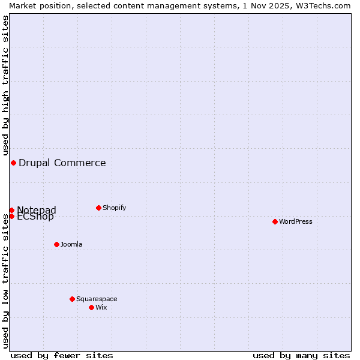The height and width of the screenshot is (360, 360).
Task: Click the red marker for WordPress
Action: (x=275, y=221)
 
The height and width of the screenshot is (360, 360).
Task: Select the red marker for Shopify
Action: (x=98, y=208)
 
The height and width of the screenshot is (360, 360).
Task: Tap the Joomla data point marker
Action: (x=56, y=244)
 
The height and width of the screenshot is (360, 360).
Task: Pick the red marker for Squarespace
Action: (x=72, y=299)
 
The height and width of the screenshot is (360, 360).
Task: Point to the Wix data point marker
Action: (x=91, y=307)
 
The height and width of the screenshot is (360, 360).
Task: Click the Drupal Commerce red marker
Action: (x=13, y=163)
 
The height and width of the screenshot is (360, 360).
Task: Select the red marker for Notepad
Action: (x=11, y=210)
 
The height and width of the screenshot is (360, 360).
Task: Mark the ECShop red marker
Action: (x=11, y=216)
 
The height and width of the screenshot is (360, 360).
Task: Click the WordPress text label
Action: (x=296, y=221)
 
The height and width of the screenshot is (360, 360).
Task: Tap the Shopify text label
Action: (x=115, y=208)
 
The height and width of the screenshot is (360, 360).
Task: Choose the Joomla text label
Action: (x=71, y=244)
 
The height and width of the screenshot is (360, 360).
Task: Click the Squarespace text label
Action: (x=97, y=299)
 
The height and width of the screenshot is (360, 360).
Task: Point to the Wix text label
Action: (x=101, y=307)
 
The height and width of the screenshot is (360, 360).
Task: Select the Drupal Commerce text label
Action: (x=62, y=163)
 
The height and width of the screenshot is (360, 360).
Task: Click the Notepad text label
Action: (x=37, y=209)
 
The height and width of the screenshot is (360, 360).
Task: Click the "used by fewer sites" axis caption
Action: (x=62, y=355)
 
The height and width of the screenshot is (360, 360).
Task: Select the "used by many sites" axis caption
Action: (x=301, y=355)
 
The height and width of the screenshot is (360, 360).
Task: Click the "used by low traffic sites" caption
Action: (x=5, y=281)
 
